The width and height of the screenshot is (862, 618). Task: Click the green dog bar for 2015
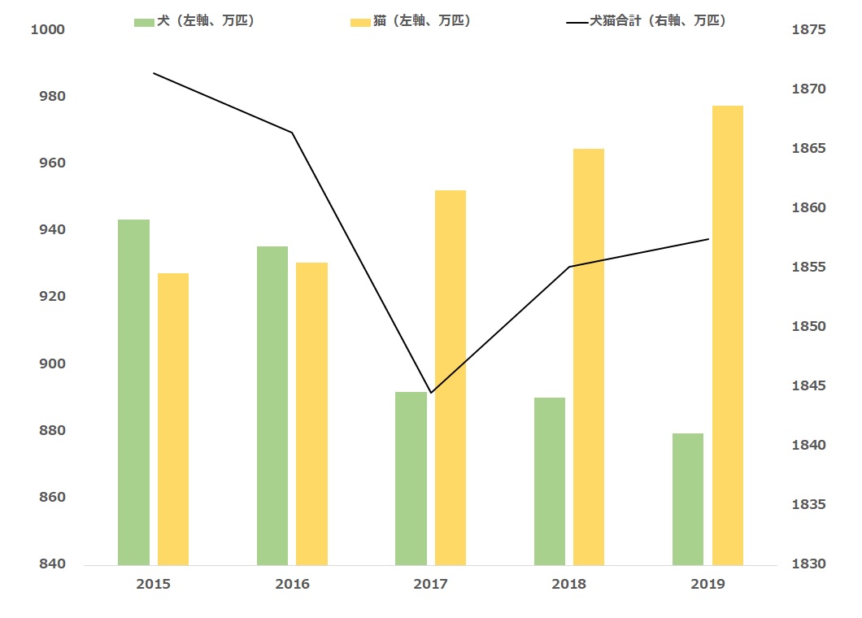133,392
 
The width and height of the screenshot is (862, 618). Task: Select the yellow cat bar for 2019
727,335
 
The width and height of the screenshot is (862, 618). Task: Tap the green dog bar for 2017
411,478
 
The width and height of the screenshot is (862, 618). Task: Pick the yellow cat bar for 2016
311,413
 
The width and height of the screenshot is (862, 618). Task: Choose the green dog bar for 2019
688,499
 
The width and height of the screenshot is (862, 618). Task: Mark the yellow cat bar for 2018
589,357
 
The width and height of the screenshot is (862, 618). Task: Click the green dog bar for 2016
272,406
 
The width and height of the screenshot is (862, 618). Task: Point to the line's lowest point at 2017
431,393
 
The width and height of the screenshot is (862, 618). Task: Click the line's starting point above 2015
154,73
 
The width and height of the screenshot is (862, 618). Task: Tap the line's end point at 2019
708,239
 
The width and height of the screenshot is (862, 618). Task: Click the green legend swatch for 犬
144,23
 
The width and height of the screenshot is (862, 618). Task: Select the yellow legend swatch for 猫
360,23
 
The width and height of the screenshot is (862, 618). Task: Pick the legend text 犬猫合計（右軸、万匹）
658,21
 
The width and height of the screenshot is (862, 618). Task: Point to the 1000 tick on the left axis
48,30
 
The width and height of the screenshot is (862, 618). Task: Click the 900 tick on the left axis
52,363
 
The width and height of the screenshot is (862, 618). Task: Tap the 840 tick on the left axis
52,564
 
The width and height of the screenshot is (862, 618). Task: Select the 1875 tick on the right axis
808,30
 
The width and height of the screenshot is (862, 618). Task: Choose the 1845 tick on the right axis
808,385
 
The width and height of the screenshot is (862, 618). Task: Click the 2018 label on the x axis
569,584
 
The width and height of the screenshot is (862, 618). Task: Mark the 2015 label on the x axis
154,584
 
